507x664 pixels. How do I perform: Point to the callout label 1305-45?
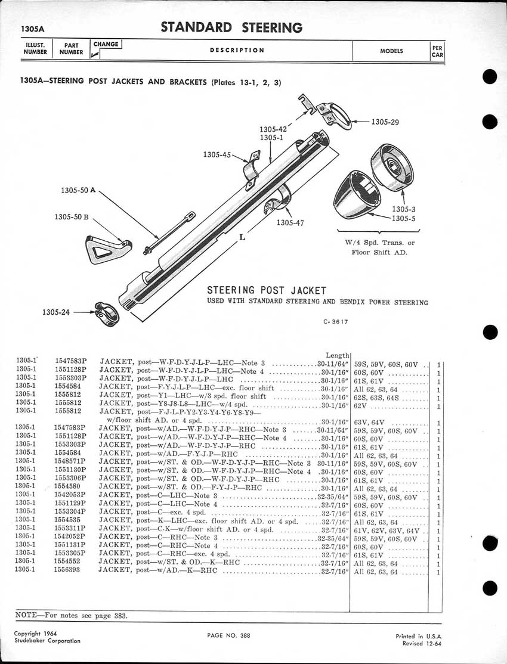click(x=217, y=154)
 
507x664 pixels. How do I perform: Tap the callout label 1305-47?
click(x=290, y=223)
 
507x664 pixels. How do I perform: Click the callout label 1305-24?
click(x=57, y=312)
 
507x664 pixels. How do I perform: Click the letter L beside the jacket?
click(x=242, y=237)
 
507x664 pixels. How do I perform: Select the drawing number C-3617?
click(x=336, y=322)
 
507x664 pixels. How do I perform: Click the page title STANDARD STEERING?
click(x=231, y=27)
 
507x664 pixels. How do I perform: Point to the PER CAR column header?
click(x=438, y=51)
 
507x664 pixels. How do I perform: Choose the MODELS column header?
click(x=391, y=51)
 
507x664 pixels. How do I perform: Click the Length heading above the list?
click(x=338, y=355)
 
